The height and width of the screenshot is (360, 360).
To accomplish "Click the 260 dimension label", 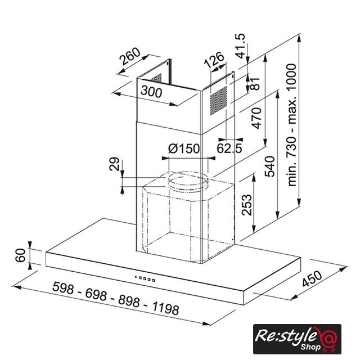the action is pos(130,56).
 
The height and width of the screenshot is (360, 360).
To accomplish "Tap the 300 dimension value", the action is pos(151,91).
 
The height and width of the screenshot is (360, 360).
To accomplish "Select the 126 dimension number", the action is pos(214,60).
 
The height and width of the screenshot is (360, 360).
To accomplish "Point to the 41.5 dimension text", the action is pos(240,46).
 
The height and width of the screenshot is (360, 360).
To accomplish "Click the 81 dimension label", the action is pos(255,84).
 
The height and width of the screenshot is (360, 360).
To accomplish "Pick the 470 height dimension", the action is pos(256,118).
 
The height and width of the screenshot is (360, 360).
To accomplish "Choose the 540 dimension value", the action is pos(270,166).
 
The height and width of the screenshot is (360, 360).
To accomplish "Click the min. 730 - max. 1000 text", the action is pos(292,125).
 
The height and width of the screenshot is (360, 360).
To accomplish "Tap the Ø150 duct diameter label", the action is pos(184,148).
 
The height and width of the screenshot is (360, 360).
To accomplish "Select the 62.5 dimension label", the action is pos(229,148).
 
